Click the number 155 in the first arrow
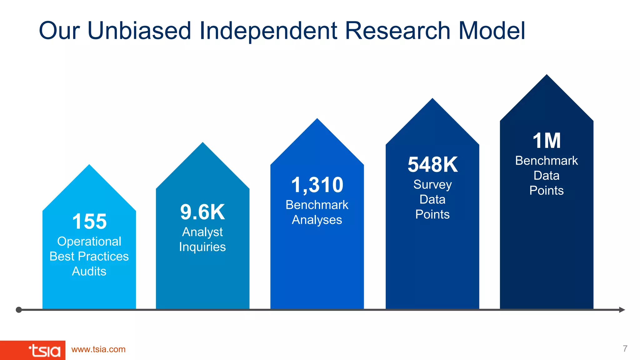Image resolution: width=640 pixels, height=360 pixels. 89,221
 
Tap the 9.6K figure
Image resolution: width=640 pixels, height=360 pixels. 202,212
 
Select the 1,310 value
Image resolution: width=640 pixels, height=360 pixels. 317,185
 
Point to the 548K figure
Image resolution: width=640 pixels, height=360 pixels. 432,164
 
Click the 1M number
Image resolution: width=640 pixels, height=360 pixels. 547,141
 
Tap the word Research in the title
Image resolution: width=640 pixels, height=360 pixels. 397,31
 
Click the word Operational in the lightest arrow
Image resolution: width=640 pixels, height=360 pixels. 89,241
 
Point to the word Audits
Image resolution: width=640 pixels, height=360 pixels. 89,271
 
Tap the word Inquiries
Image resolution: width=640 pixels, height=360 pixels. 202,247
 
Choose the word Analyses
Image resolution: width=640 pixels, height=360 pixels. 317,220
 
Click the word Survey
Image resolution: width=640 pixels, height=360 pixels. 432,184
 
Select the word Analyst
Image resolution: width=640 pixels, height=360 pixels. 202,232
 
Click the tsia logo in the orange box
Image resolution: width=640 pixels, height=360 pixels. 44,351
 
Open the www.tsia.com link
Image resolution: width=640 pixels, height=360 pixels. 98,349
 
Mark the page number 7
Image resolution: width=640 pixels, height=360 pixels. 625,348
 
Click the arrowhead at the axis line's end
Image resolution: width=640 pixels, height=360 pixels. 622,310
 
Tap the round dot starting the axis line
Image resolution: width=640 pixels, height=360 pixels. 19,310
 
